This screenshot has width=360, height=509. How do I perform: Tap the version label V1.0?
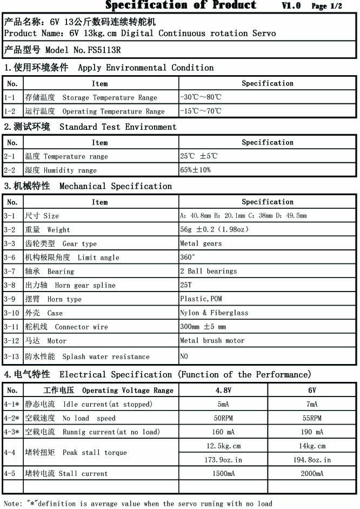point(291,6)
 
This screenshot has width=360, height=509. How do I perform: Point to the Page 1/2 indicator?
point(326,6)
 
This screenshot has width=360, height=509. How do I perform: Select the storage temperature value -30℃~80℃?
point(201,97)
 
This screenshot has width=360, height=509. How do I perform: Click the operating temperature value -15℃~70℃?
point(201,111)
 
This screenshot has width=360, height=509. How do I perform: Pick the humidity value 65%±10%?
point(196,170)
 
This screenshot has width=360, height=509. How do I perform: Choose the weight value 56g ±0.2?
point(214,229)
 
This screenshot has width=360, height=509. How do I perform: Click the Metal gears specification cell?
point(201,243)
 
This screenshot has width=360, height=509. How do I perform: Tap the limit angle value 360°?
point(188,257)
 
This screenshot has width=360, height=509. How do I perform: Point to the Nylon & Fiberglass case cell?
point(214,313)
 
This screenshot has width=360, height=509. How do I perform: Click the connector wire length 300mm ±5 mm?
point(203,327)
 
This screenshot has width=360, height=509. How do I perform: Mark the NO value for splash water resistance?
point(185,356)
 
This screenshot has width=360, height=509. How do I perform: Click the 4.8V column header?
point(223,390)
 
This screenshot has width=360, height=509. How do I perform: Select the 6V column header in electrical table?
point(312,390)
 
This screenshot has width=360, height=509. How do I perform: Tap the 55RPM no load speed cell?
point(312,418)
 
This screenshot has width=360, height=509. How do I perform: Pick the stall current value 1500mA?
point(223,473)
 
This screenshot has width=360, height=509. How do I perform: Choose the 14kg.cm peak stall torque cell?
point(312,446)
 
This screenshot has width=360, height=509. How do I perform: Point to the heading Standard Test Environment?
point(118,127)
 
